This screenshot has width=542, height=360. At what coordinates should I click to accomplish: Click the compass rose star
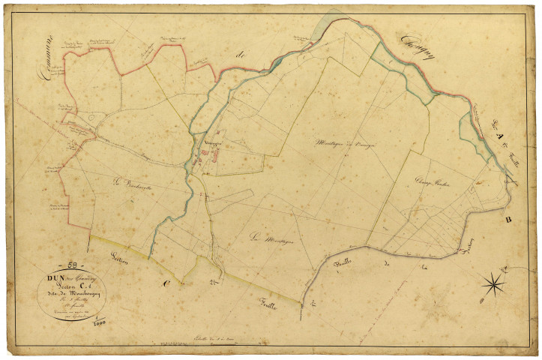pos(494,283)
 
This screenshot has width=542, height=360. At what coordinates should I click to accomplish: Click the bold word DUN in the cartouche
pos(52,278)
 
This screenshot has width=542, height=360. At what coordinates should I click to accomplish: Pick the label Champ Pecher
pos(432,181)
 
